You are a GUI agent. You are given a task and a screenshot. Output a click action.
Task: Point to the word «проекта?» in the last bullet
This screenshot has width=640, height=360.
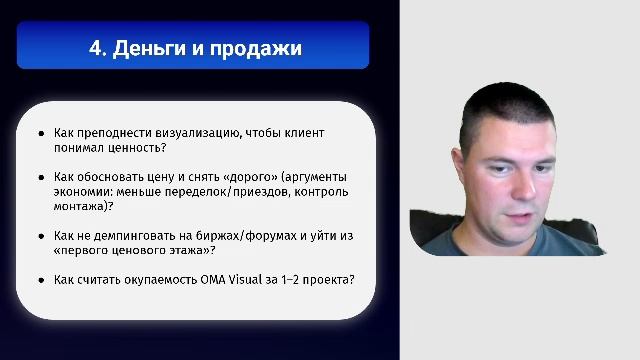point(329,280)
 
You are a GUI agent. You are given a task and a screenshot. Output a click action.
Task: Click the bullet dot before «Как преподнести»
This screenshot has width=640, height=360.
point(41,133)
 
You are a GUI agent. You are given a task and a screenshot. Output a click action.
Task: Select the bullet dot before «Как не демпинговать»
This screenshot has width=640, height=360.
point(41,237)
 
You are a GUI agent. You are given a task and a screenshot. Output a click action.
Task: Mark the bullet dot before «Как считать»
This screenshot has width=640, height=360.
point(41,281)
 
